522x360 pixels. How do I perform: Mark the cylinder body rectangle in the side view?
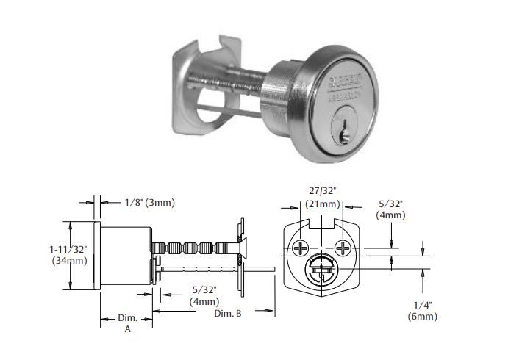point(126,255)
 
